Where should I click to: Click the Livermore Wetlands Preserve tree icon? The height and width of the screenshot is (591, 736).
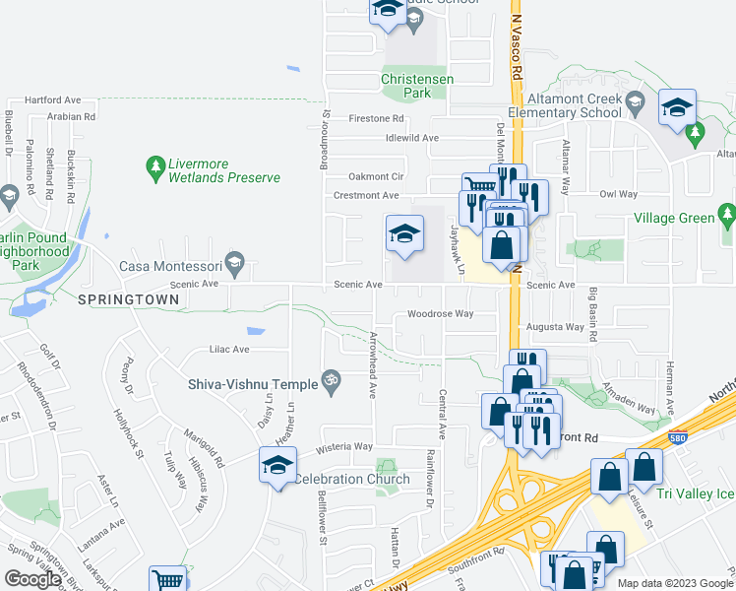tap(154, 167)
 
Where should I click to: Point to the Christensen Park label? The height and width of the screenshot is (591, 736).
tap(406, 85)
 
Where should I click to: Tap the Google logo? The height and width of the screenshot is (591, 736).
tap(32, 578)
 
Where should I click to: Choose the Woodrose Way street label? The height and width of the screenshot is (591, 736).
tap(441, 314)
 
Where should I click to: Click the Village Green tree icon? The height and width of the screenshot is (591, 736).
tap(727, 212)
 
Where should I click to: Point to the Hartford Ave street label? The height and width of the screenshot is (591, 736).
tap(52, 99)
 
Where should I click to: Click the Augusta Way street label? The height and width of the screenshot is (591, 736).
tap(555, 326)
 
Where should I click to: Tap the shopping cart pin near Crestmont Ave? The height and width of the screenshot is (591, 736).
tap(479, 186)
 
